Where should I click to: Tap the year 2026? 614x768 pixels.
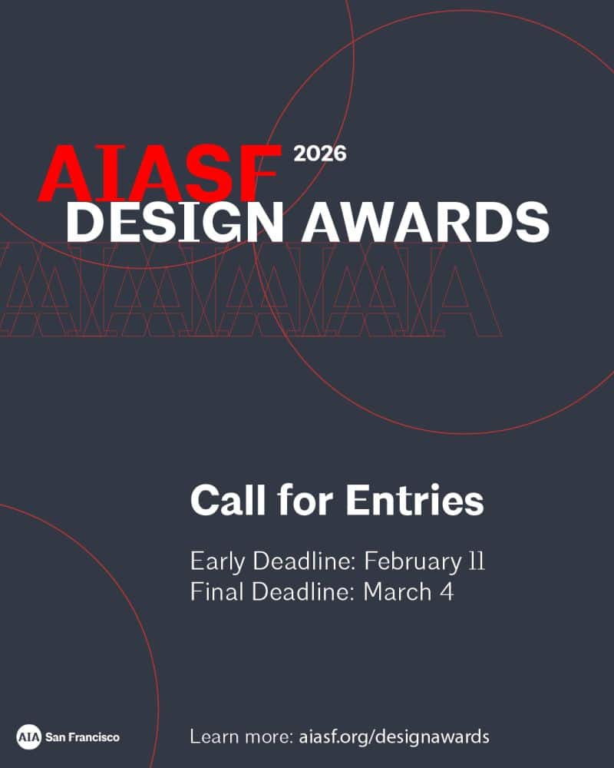[320, 154]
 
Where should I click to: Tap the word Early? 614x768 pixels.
[216, 561]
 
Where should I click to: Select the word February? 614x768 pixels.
[411, 561]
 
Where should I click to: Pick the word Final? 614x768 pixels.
[215, 592]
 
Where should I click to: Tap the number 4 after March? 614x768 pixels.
[447, 592]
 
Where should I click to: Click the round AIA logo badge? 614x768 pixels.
[28, 737]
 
